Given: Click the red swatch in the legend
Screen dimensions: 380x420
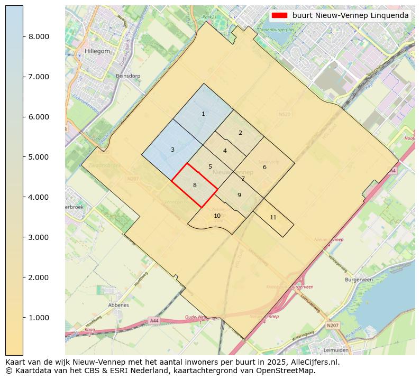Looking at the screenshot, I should tap(279, 16).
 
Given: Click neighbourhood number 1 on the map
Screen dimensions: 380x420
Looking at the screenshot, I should tap(203, 114).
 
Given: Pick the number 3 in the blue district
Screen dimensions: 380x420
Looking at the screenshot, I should tap(172, 150).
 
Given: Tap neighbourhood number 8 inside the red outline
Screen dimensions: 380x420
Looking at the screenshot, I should tap(195, 185).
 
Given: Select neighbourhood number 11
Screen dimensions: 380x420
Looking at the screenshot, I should tap(273, 217).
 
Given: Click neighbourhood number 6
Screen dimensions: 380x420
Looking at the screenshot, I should tap(264, 167).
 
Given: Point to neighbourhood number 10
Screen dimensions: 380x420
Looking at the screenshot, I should tap(217, 216).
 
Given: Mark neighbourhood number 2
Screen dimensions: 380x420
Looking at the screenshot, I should tap(240, 133).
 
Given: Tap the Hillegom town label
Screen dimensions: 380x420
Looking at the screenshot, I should tap(97, 51).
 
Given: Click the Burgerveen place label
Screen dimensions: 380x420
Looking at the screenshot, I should tap(359, 279).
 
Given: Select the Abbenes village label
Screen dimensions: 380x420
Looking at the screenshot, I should tap(118, 305).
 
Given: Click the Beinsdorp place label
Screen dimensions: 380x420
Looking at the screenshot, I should tap(128, 76).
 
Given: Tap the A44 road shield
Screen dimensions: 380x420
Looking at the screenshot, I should tap(154, 321).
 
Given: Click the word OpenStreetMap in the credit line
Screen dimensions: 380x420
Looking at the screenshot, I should tap(289, 370).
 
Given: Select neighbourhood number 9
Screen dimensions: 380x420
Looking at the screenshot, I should tap(239, 195).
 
